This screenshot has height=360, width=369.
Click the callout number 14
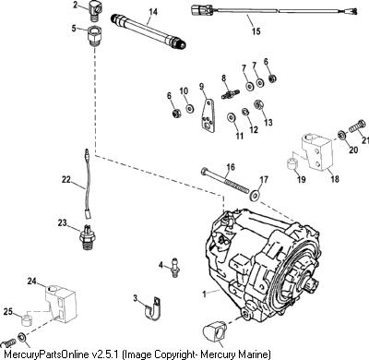coord(153,12)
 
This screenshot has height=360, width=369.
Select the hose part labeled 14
coord(149,31)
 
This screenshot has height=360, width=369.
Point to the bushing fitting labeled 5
coord(95,35)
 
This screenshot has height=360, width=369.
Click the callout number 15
coord(256,31)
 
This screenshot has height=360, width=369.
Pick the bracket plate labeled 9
coord(208,115)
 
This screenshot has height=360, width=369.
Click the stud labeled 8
coord(231,93)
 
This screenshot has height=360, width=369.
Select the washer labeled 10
coord(190,109)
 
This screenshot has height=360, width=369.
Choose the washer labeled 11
coord(231,117)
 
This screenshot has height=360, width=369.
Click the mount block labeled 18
coord(317,150)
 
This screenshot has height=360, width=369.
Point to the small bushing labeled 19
coord(292,164)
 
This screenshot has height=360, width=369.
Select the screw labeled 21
coord(357,126)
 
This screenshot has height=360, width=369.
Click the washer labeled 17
coord(255,195)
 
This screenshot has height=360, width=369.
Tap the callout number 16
coord(231,167)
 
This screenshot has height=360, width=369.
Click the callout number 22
coord(65,179)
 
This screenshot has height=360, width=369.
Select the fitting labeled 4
coord(174,269)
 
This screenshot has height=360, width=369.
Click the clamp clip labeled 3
coord(150,307)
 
